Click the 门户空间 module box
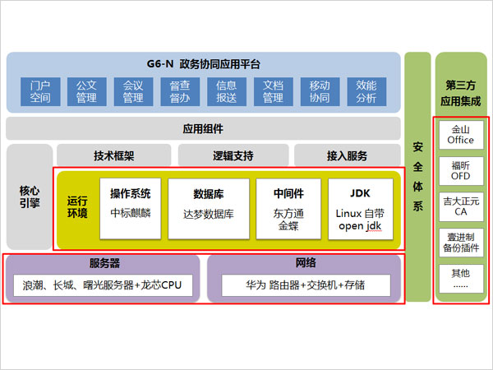point(40,92)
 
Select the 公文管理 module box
point(86,92)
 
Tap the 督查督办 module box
point(180,92)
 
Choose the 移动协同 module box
point(320,92)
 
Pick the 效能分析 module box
point(366,92)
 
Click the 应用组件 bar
point(203,128)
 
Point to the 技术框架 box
point(113,155)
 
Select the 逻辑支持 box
point(233,155)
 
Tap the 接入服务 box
point(348,155)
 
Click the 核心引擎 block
point(29,197)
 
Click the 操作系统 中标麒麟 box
point(131,209)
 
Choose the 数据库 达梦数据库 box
point(209,209)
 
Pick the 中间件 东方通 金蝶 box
point(288,209)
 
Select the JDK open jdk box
point(360,209)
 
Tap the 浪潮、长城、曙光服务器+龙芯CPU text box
point(103,287)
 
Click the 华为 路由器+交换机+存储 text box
point(305,287)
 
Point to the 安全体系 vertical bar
point(418,176)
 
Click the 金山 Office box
point(461,135)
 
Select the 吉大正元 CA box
point(461,206)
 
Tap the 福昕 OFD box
point(461,170)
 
